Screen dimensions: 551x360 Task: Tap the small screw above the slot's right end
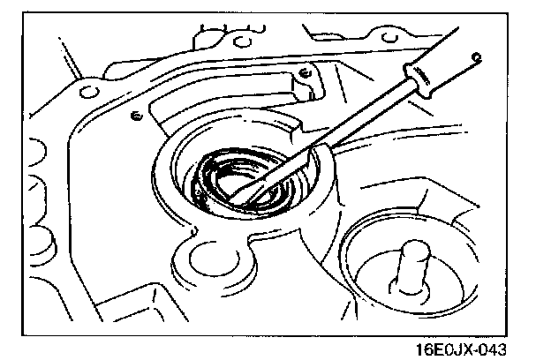tap(303, 71)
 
